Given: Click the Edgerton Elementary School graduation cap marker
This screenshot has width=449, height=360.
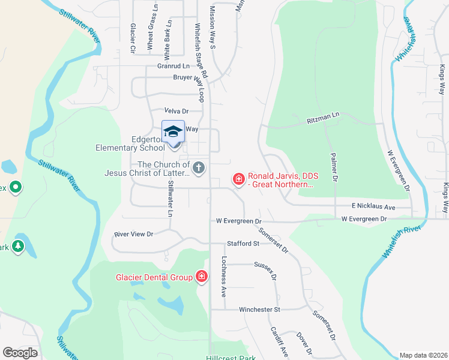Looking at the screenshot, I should coord(173,131).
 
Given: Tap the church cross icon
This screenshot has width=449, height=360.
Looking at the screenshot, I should coord(199,168).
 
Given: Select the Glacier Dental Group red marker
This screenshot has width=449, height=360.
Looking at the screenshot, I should coord(202,277).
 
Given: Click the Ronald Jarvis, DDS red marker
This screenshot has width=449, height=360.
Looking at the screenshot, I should coord(238,179).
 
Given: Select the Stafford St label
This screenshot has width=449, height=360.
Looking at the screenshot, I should coord(243,244).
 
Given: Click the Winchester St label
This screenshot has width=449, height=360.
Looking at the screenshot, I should coord(260,310).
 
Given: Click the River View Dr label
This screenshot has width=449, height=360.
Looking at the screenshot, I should coord(134,233).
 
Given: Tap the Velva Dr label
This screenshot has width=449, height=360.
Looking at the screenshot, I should coord(176,111).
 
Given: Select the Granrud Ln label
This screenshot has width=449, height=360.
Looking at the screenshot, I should coord(173,66).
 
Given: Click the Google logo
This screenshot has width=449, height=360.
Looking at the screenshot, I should coord(20,353).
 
